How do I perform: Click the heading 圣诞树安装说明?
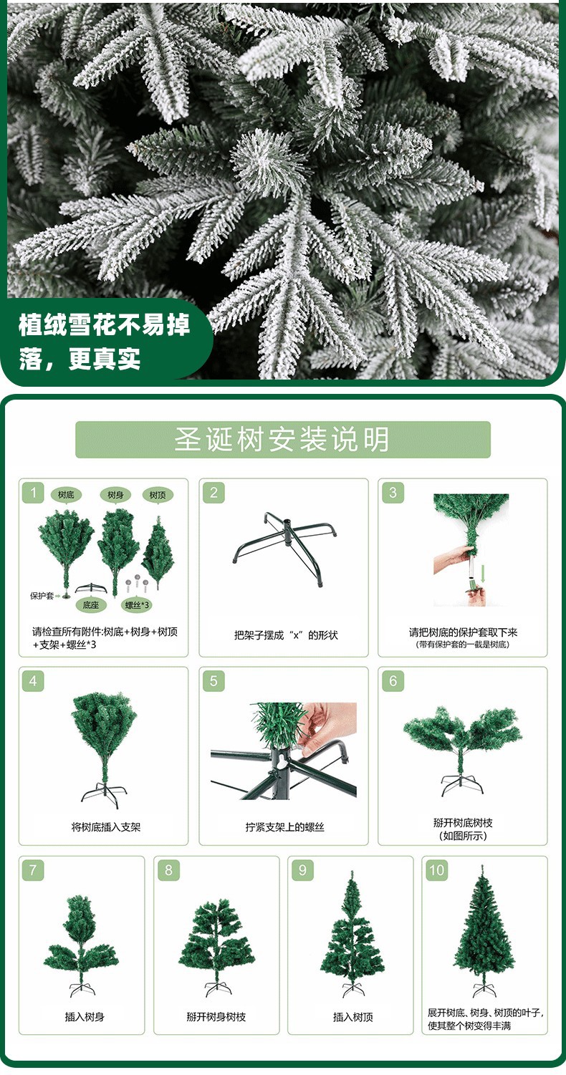click(282, 439)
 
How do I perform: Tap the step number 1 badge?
click(33, 493)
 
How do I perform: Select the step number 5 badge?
click(213, 681)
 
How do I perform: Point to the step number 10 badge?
click(436, 870)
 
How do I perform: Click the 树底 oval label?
click(66, 495)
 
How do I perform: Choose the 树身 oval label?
click(115, 495)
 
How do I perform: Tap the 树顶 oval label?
click(157, 495)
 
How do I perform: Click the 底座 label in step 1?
click(90, 605)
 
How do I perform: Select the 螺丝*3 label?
click(137, 605)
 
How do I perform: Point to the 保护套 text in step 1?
click(41, 595)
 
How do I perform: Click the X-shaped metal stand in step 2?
click(283, 548)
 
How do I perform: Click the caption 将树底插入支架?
click(105, 827)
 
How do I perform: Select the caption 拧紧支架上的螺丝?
click(284, 827)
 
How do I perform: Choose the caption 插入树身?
click(85, 1016)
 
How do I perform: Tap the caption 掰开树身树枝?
click(216, 1016)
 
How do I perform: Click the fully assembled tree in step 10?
click(484, 931)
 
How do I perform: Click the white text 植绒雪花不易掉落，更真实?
click(105, 342)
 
